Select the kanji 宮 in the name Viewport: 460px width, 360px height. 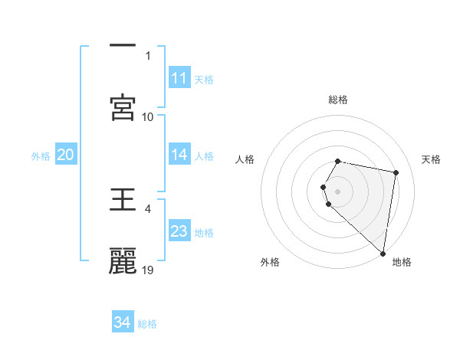tap(123, 107)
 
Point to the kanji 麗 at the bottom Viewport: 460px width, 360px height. tap(123, 260)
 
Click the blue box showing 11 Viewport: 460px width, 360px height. tap(179, 78)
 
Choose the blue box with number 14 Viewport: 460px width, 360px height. tap(179, 155)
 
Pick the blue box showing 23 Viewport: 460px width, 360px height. tap(179, 231)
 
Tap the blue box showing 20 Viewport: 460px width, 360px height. tap(66, 155)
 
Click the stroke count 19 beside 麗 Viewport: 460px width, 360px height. tap(148, 270)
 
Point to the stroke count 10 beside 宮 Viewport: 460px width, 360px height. tap(148, 116)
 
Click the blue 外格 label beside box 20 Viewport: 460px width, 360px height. tap(41, 156)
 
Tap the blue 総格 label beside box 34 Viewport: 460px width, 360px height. tap(147, 324)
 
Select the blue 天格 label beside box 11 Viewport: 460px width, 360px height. tap(204, 80)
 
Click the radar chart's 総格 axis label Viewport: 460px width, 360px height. tap(338, 100)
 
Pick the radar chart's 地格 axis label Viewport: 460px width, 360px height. tap(402, 262)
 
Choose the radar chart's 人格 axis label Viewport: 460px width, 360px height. tap(245, 159)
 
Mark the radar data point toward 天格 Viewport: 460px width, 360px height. tap(396, 172)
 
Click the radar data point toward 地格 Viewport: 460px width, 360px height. tap(383, 253)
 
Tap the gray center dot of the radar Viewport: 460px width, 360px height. tap(338, 191)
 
